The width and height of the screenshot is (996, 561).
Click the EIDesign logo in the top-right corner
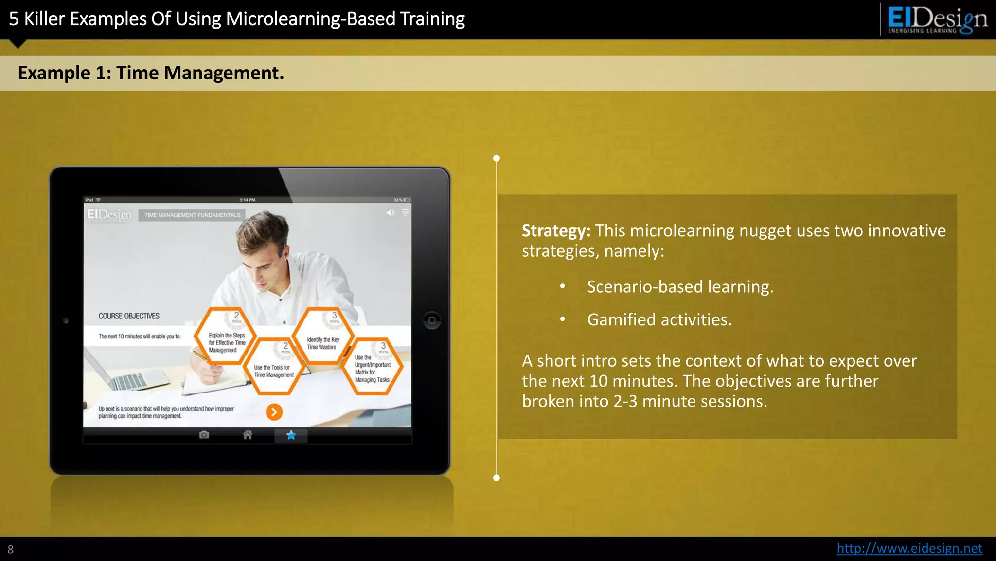point(936,19)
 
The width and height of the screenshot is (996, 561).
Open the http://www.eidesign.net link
point(909,548)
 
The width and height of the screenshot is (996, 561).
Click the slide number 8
point(11,550)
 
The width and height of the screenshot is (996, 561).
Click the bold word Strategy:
point(556,230)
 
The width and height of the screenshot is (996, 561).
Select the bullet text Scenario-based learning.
point(680,286)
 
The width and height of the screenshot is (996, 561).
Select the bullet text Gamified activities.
point(659,319)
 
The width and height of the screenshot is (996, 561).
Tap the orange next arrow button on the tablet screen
point(274,412)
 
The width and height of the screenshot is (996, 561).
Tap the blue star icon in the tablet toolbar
point(291,435)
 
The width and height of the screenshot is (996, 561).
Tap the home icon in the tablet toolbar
point(248,435)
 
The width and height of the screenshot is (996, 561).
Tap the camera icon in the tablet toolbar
point(204,435)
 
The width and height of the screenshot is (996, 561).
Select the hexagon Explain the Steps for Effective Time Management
point(225,337)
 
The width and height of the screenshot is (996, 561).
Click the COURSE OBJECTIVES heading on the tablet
point(129,316)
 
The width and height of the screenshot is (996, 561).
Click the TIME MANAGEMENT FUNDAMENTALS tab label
point(192,215)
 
